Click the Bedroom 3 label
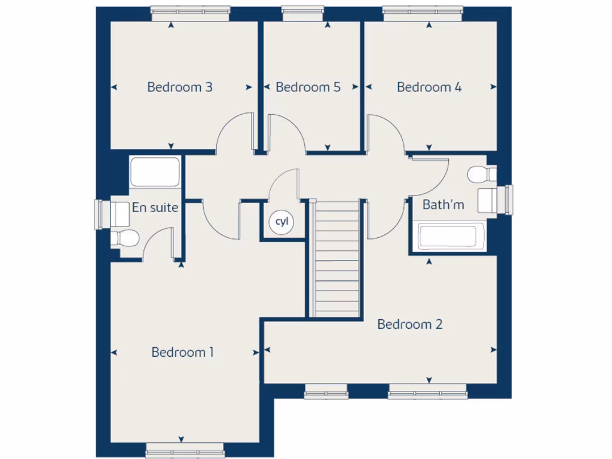[x=179, y=87]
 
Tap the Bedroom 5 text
[x=308, y=87]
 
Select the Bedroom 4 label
[x=429, y=87]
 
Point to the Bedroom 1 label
[x=182, y=353]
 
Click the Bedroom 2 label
[x=410, y=325]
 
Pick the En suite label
[x=155, y=208]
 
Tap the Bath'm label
[x=443, y=205]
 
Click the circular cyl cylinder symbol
[x=281, y=222]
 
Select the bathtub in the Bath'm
[x=451, y=237]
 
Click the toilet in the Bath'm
[x=481, y=175]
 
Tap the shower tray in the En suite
[x=155, y=172]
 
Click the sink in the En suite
[x=118, y=214]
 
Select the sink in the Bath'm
[x=489, y=199]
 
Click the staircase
[x=336, y=258]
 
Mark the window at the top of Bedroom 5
[x=302, y=10]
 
